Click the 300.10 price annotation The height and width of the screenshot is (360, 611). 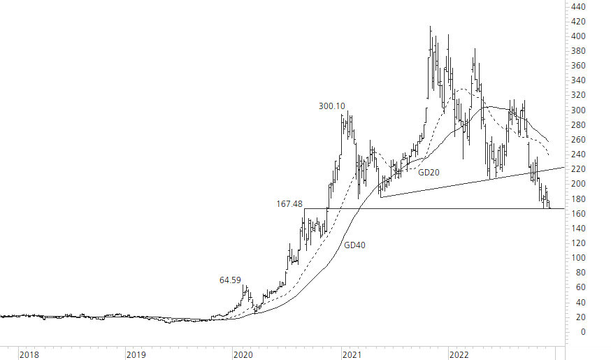[331, 106]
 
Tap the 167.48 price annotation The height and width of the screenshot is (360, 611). [289, 204]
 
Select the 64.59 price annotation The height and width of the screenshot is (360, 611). [230, 280]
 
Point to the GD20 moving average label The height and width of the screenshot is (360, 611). [429, 171]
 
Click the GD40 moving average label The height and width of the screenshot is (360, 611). [354, 245]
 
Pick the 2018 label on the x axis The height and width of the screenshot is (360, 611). [29, 355]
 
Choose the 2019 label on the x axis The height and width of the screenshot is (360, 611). [136, 355]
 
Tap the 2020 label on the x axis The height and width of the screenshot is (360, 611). [243, 355]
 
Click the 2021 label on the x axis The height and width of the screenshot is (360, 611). [351, 355]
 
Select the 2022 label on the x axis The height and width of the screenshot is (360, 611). [458, 355]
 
